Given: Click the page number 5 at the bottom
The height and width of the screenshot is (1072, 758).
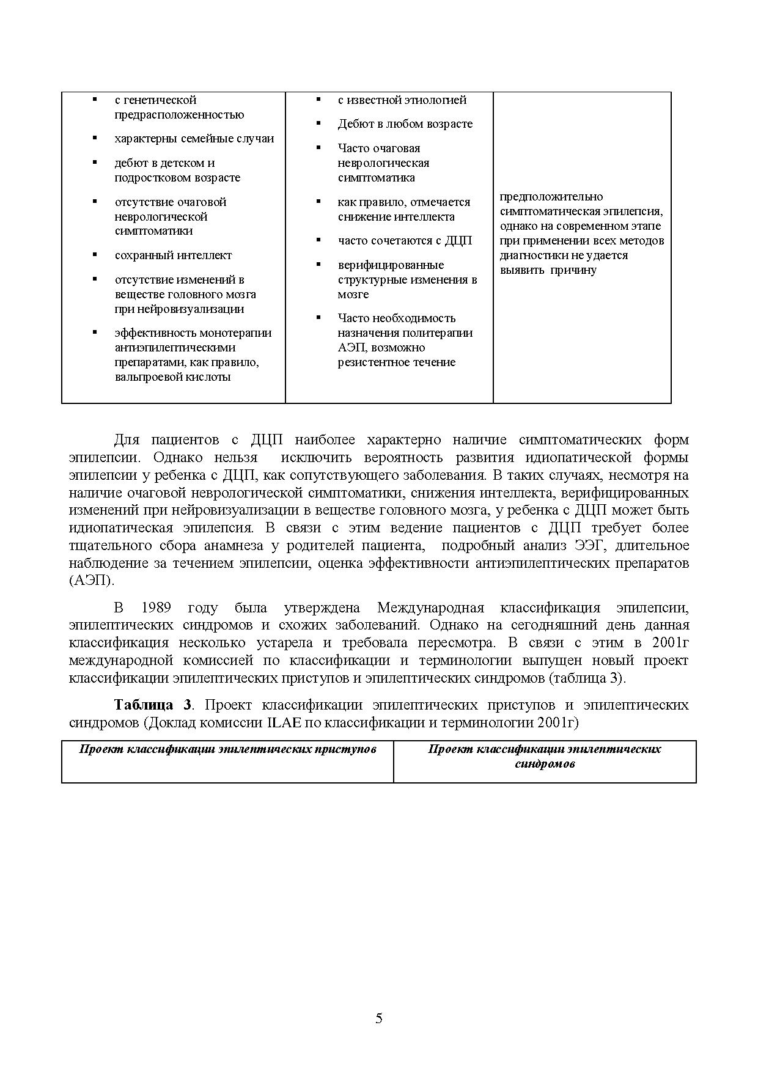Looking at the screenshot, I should point(379,1018).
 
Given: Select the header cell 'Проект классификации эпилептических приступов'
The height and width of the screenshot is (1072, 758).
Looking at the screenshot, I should point(227,749).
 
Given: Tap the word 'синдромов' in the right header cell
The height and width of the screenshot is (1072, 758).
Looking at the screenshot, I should point(545,764).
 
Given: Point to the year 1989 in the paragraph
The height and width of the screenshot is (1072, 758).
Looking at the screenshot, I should point(156,608).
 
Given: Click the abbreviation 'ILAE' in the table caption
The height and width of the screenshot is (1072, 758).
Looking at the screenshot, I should point(281,722).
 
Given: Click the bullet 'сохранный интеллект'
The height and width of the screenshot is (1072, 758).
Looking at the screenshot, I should point(173,255).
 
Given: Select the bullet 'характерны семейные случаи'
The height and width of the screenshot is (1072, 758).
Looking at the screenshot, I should point(194,139).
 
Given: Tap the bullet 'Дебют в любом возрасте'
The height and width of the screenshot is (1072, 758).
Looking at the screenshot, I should point(405,124).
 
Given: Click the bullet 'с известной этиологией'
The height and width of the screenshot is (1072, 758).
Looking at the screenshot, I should point(402,100).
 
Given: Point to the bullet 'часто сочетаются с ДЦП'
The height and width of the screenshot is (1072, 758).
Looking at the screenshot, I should point(405,241).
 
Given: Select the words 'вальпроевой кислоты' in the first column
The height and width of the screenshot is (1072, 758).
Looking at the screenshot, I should point(172,377).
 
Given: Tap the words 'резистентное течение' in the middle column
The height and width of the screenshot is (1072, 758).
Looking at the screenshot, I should point(396,362).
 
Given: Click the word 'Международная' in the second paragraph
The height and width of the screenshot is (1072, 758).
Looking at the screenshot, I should point(430,608).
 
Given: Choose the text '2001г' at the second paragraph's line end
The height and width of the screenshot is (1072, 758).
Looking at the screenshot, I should point(670,643).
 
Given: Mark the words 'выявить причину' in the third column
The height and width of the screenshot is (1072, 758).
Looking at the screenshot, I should point(548,270).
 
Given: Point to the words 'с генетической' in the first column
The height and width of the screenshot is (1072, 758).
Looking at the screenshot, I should point(155,100).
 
